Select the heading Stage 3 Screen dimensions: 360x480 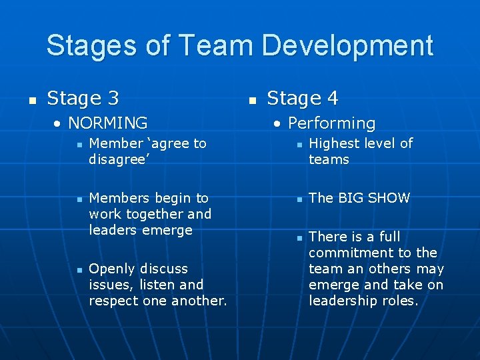[83, 99]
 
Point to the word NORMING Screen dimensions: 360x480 [108, 123]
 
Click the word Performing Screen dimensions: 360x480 [331, 123]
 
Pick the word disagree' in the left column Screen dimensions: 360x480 [117, 159]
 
